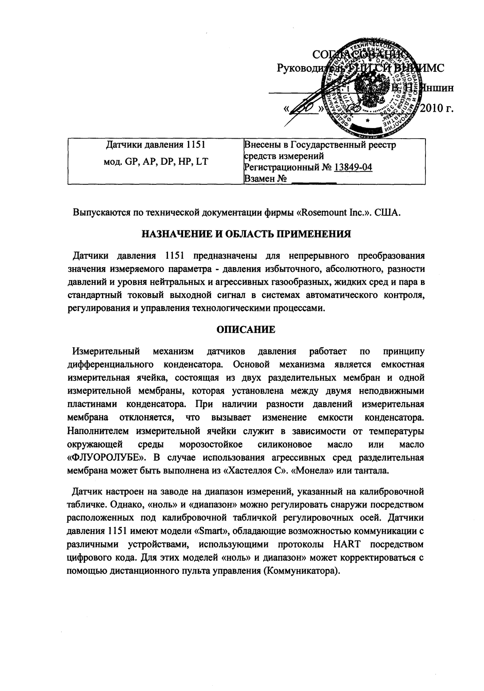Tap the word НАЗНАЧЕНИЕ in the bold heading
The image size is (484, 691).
point(177,234)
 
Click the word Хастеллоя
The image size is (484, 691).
point(256,470)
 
